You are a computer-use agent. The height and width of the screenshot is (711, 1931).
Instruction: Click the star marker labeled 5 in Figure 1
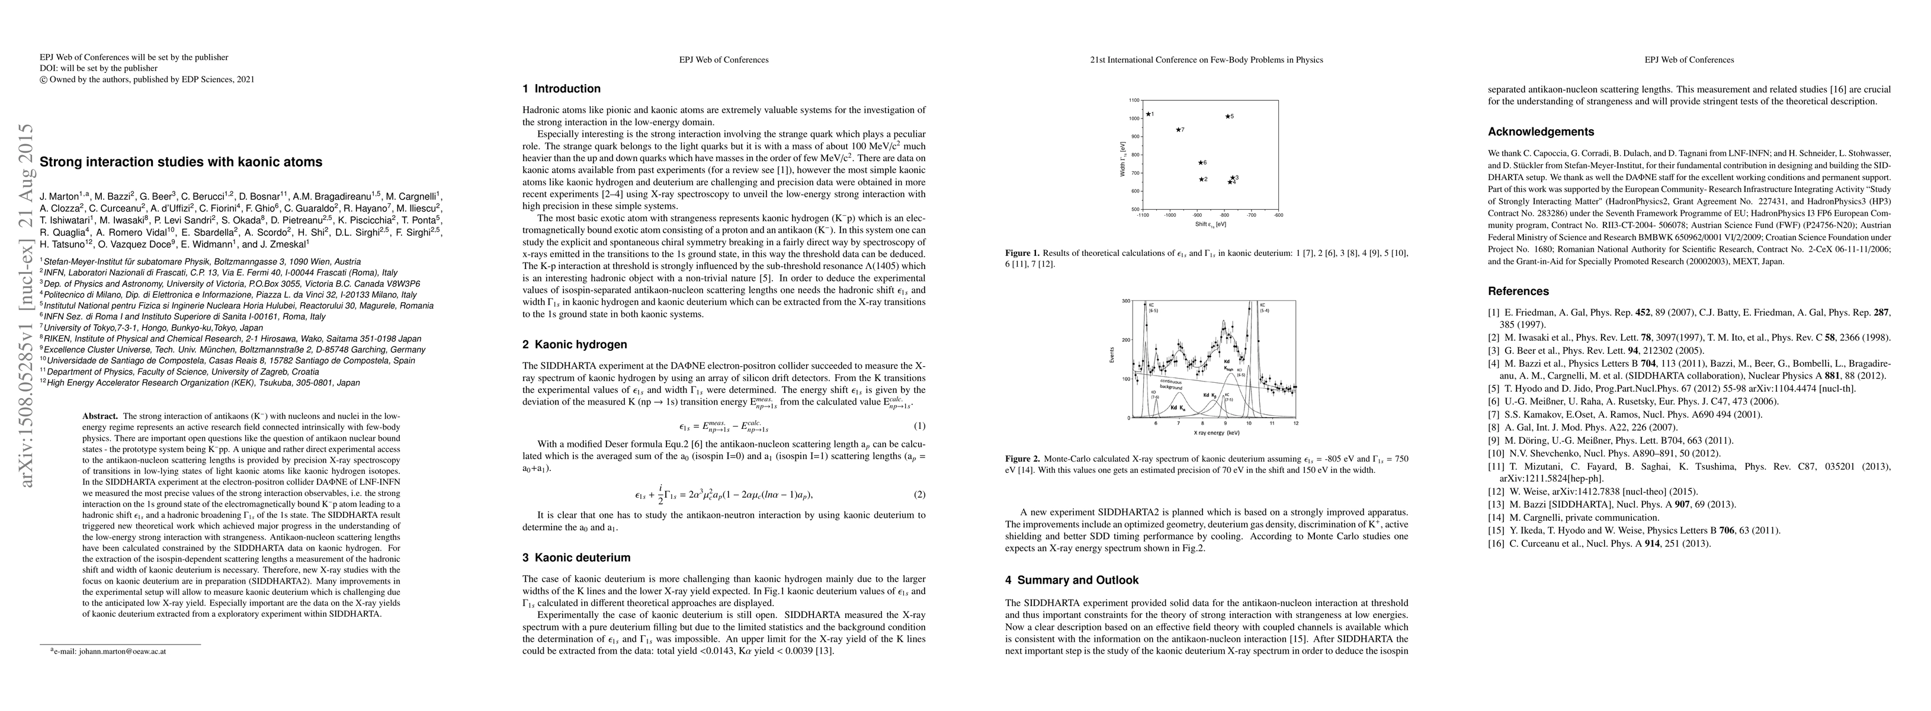coord(1227,116)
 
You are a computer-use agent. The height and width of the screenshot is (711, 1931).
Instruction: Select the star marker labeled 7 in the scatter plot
coord(1177,130)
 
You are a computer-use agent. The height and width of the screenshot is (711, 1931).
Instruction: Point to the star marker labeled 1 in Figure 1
coord(1148,114)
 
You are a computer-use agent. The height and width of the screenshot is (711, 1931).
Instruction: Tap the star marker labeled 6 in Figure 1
coord(1199,163)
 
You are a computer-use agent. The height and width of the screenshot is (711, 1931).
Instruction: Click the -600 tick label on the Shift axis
coord(1278,215)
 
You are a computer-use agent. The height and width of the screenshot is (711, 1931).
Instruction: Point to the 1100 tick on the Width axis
coord(1134,100)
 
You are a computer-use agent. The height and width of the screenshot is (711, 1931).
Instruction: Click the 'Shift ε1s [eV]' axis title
coord(1210,224)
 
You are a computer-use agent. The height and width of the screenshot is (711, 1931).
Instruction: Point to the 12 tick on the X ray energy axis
coord(1295,424)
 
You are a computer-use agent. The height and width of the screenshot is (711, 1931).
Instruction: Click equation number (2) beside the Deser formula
coord(920,494)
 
